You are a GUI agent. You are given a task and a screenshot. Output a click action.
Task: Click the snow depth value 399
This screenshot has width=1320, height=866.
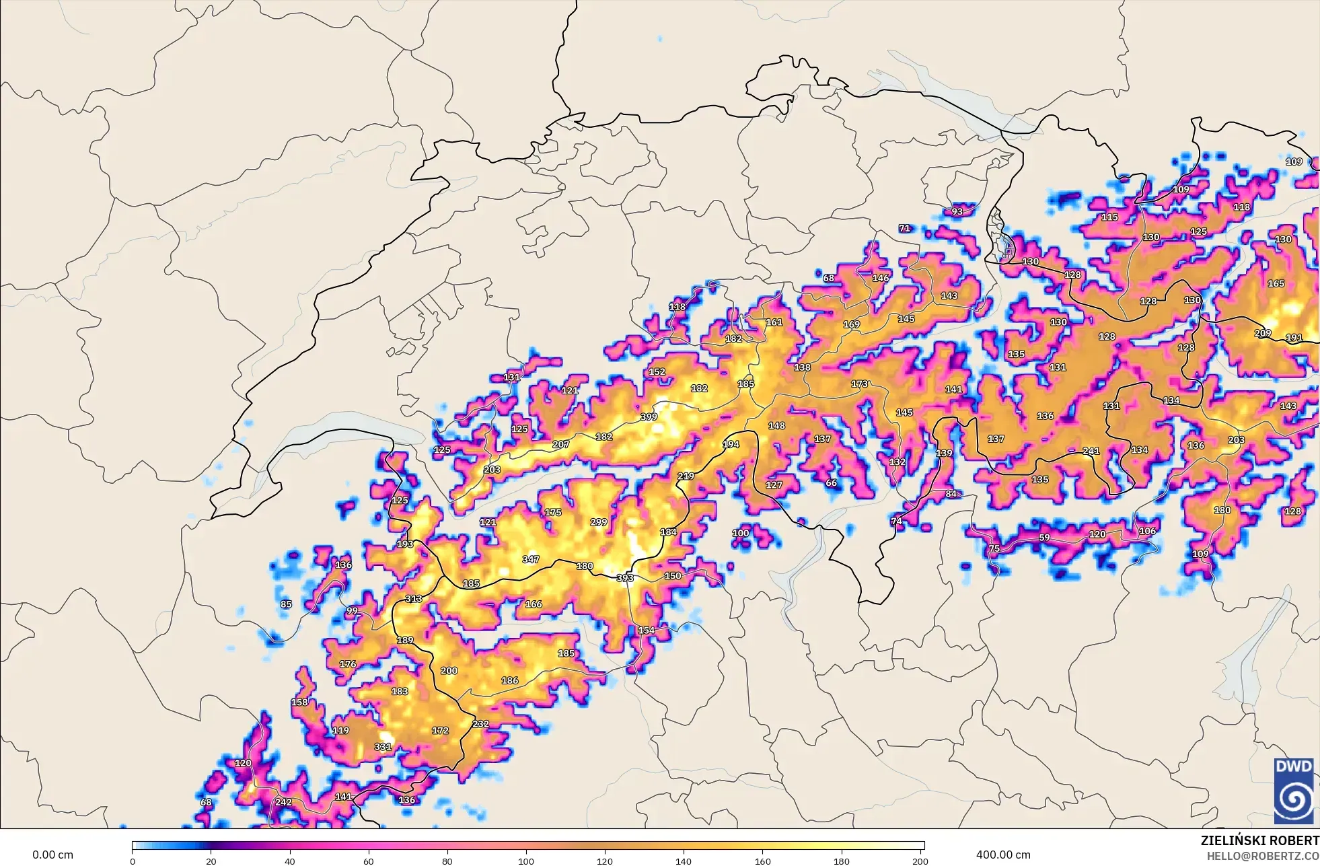click(649, 417)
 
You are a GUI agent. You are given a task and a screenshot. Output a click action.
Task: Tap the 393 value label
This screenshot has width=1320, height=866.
click(625, 577)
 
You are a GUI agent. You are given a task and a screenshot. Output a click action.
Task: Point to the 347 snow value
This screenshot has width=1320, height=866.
click(530, 559)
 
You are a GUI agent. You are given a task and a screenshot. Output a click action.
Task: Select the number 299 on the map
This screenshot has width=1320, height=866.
click(598, 522)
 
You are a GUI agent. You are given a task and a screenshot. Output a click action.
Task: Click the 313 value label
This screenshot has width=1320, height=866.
click(413, 598)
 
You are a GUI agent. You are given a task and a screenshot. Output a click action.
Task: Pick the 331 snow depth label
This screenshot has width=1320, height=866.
click(383, 746)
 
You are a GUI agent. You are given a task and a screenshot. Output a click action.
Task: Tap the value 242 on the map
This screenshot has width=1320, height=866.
click(283, 802)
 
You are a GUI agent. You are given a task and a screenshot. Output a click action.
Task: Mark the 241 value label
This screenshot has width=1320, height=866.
click(1091, 451)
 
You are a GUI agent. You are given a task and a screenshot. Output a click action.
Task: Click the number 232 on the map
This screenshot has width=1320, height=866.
click(480, 724)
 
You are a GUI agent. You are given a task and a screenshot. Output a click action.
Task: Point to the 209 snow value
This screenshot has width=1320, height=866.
click(1263, 333)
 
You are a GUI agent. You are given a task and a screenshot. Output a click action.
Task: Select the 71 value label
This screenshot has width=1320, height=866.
click(904, 228)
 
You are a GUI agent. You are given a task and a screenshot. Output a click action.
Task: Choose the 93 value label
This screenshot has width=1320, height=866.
click(957, 211)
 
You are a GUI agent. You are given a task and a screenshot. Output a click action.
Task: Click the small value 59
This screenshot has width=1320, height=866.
click(1044, 538)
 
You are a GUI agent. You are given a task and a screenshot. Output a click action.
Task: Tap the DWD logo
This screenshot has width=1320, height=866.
click(1293, 791)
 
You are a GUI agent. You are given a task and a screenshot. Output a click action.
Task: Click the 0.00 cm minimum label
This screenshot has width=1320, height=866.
click(52, 855)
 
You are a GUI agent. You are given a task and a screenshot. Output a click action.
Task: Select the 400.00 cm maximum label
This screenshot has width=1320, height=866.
click(1003, 855)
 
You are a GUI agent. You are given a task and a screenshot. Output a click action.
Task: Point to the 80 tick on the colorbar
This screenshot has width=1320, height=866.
click(447, 861)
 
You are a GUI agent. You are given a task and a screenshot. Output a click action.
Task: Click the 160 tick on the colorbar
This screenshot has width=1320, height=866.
click(762, 861)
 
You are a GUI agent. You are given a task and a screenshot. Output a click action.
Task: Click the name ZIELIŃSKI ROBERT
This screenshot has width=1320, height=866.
click(1259, 840)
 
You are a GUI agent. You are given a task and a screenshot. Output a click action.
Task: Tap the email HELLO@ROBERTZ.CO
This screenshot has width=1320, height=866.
click(1262, 856)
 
